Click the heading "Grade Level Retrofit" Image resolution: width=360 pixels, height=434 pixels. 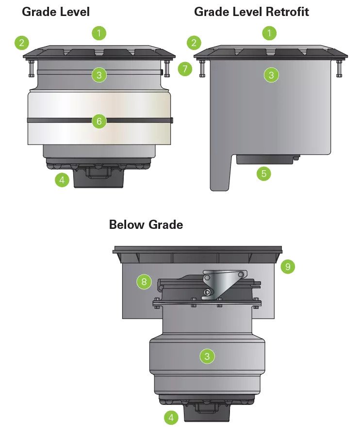pyautogui.click(x=251, y=12)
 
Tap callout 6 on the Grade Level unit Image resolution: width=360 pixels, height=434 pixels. pyautogui.click(x=99, y=121)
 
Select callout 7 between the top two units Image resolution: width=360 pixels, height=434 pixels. pyautogui.click(x=185, y=69)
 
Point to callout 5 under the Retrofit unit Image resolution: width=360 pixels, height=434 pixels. pyautogui.click(x=263, y=174)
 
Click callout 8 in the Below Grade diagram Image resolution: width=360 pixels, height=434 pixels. pyautogui.click(x=144, y=282)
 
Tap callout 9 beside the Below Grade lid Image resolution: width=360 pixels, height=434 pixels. pyautogui.click(x=288, y=267)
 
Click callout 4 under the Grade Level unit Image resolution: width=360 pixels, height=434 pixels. pyautogui.click(x=62, y=180)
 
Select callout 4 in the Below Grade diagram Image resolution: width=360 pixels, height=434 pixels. pyautogui.click(x=171, y=418)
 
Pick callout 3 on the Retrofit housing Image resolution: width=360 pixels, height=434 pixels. pyautogui.click(x=271, y=75)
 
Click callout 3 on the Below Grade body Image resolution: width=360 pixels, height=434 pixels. pyautogui.click(x=207, y=356)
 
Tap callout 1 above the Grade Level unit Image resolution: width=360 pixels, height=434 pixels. pyautogui.click(x=99, y=33)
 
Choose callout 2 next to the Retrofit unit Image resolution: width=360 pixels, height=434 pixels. pyautogui.click(x=194, y=43)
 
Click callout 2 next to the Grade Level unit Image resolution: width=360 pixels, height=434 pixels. pyautogui.click(x=22, y=43)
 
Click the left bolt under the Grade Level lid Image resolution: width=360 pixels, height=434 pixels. pyautogui.click(x=31, y=68)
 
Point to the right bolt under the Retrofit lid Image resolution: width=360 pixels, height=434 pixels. pyautogui.click(x=339, y=68)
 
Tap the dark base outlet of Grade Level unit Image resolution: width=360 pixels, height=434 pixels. pyautogui.click(x=98, y=177)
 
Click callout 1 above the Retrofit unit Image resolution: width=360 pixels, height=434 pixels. pyautogui.click(x=269, y=33)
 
